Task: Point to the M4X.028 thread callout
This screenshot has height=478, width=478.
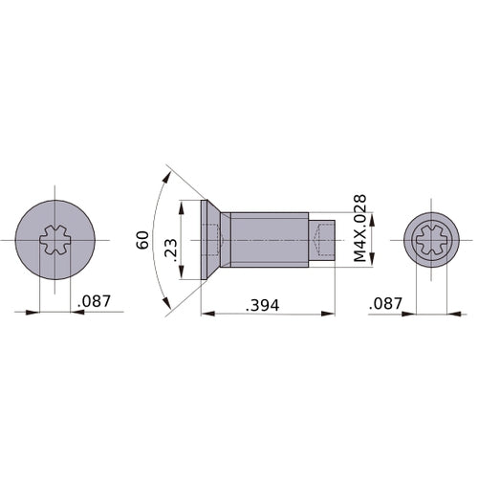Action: tap(359, 228)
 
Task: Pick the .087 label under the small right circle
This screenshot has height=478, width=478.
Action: tap(387, 302)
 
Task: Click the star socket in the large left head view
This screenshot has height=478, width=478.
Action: tap(56, 240)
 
